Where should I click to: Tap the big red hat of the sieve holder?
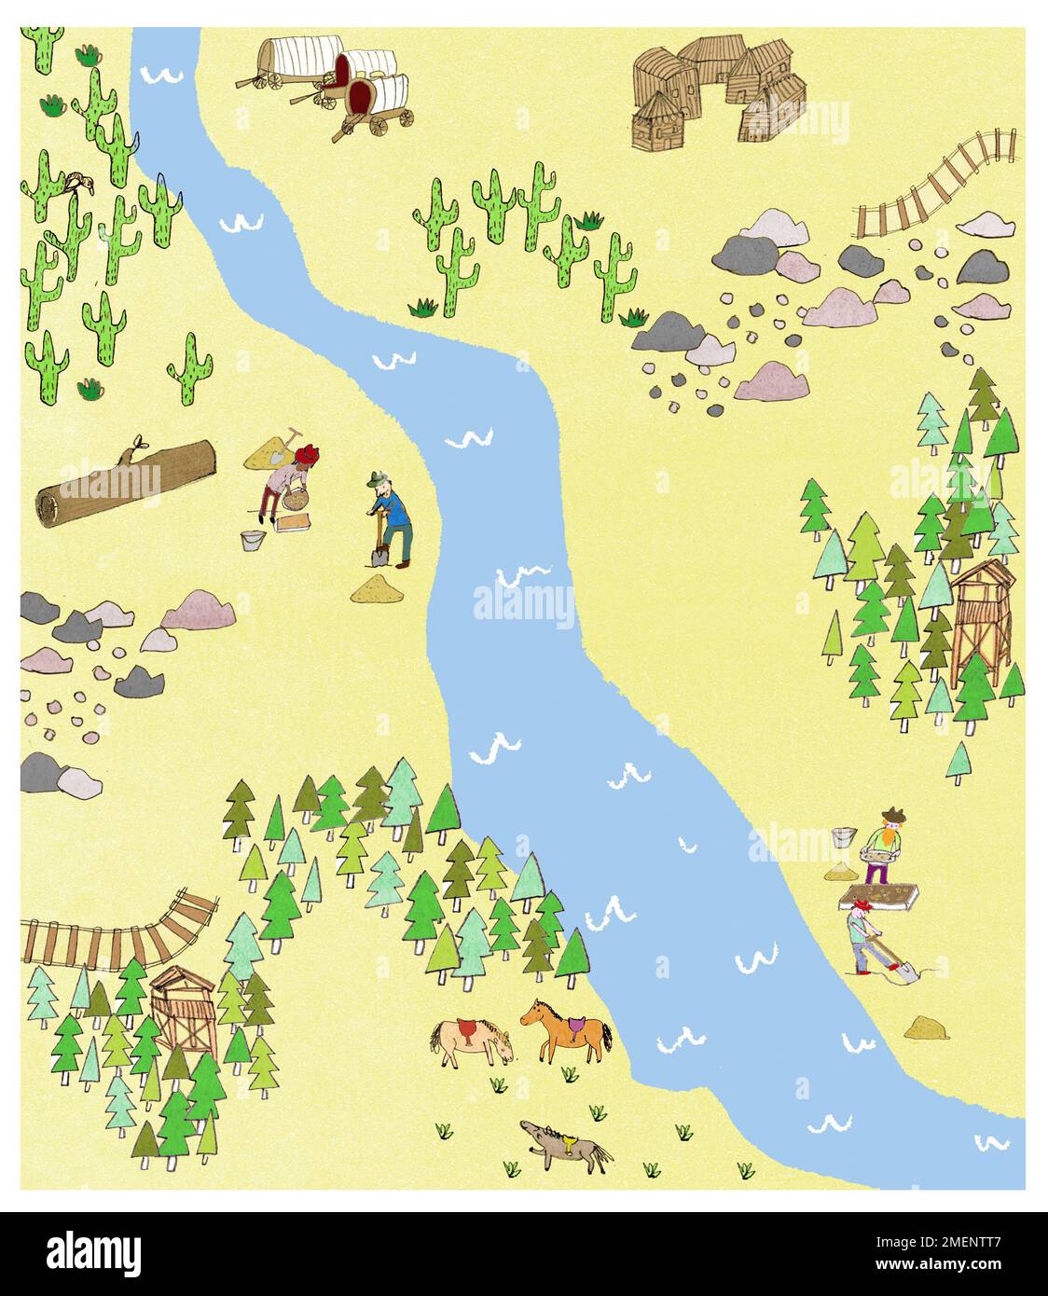click(307, 456)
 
